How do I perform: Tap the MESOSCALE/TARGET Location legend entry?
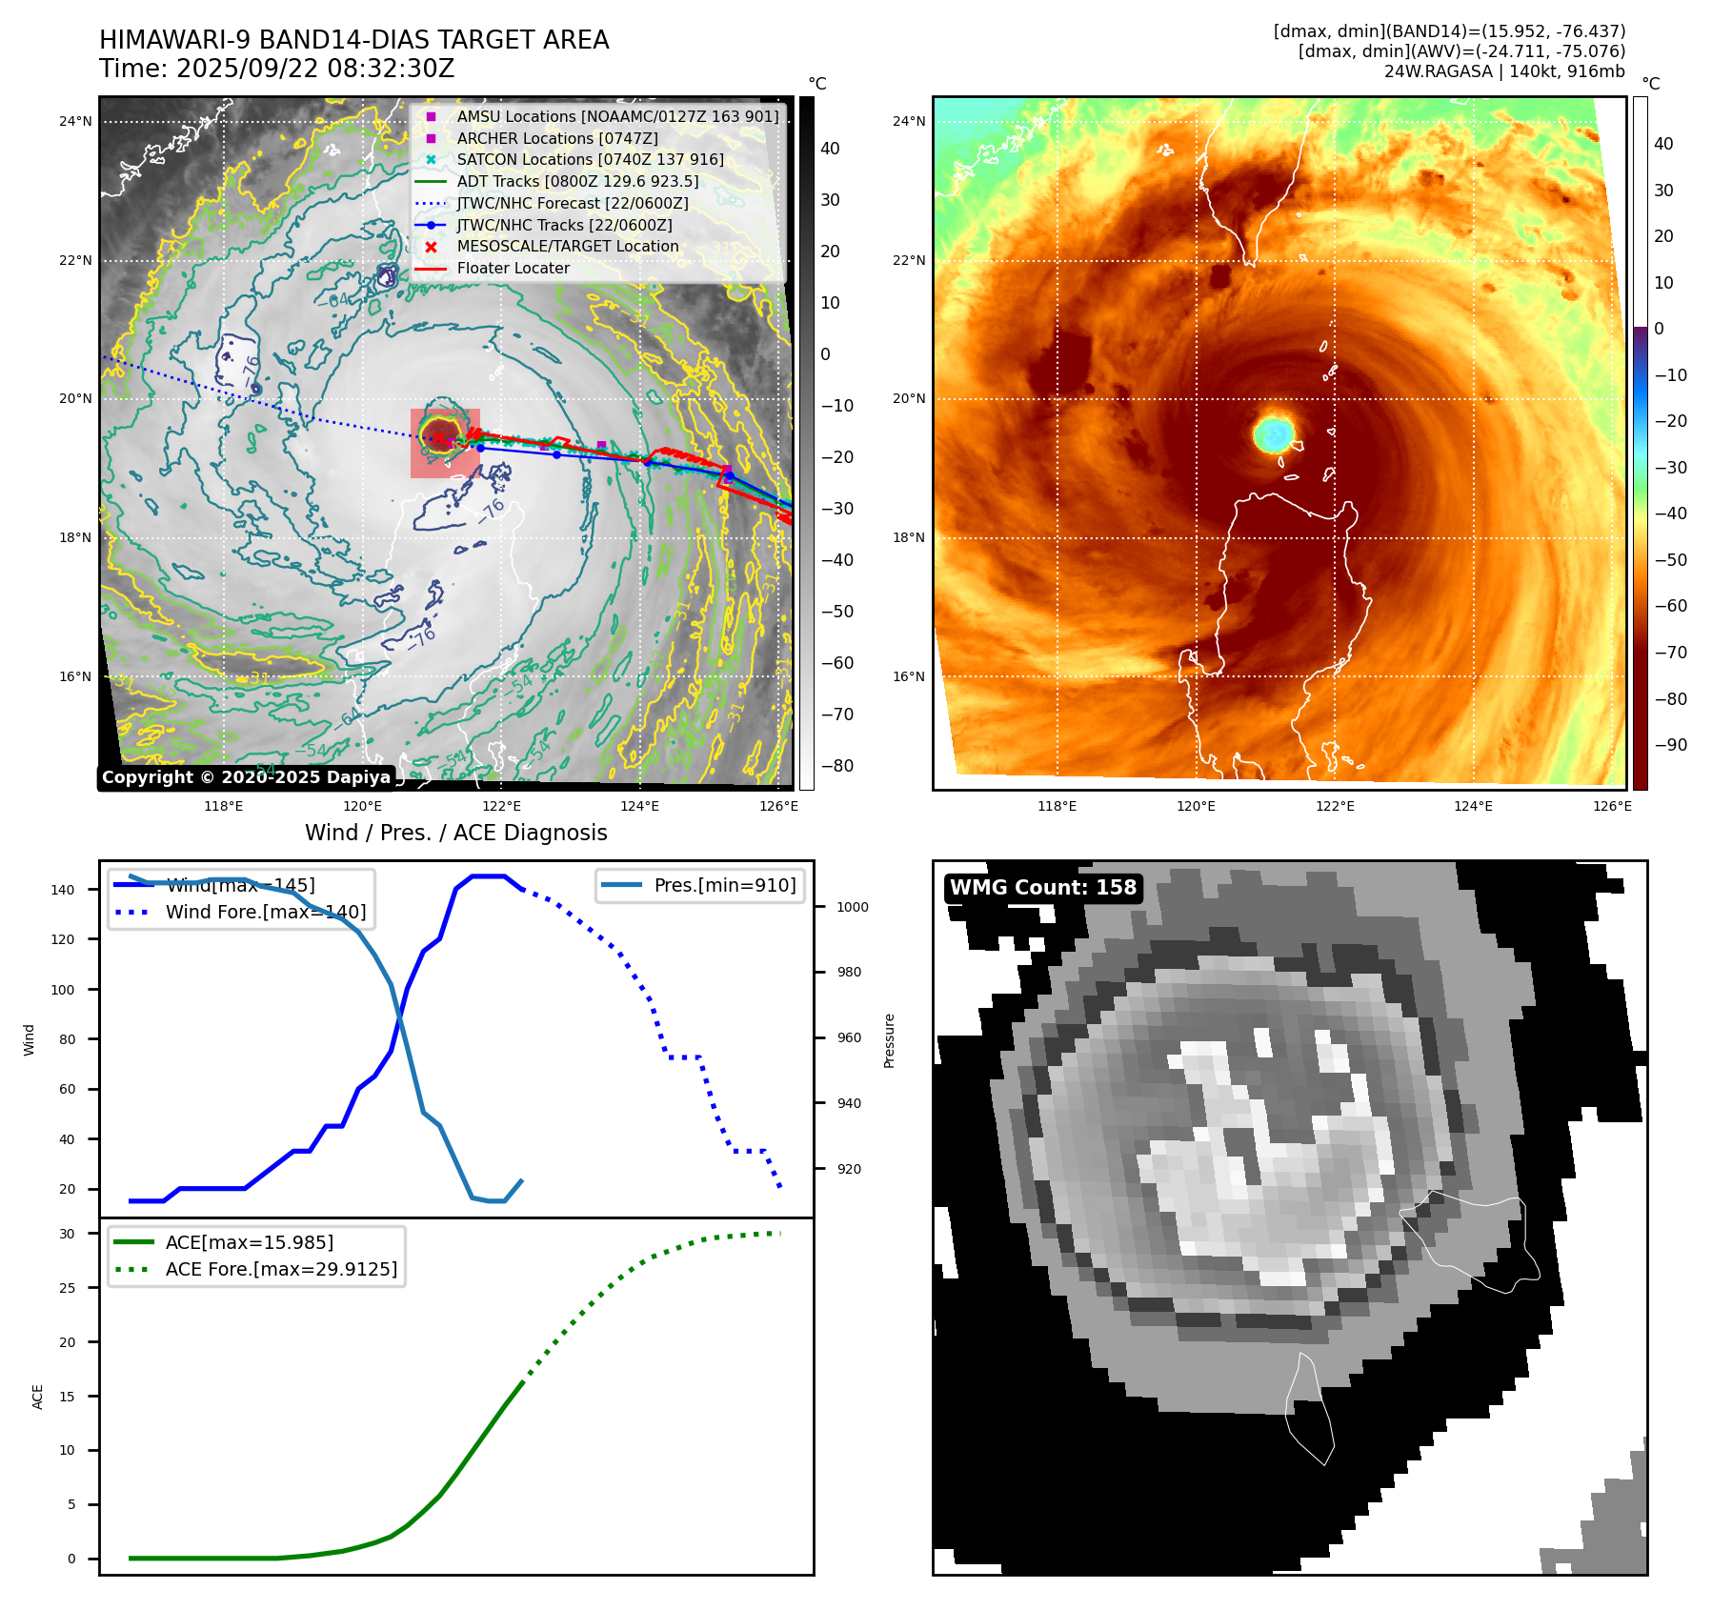point(567,247)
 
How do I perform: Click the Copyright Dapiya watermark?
point(246,777)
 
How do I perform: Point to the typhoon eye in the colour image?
point(1273,433)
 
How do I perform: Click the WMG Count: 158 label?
point(1043,888)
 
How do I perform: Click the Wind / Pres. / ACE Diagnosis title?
point(455,833)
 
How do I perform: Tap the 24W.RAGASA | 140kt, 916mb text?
point(1504,71)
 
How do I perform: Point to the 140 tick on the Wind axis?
point(63,890)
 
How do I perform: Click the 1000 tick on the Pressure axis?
point(852,907)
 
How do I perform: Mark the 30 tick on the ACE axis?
point(67,1234)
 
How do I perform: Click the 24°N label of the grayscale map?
point(75,121)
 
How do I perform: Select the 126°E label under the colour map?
point(1612,806)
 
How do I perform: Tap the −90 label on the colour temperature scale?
point(1670,745)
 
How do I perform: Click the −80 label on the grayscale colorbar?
point(837,766)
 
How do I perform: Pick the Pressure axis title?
point(889,1040)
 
